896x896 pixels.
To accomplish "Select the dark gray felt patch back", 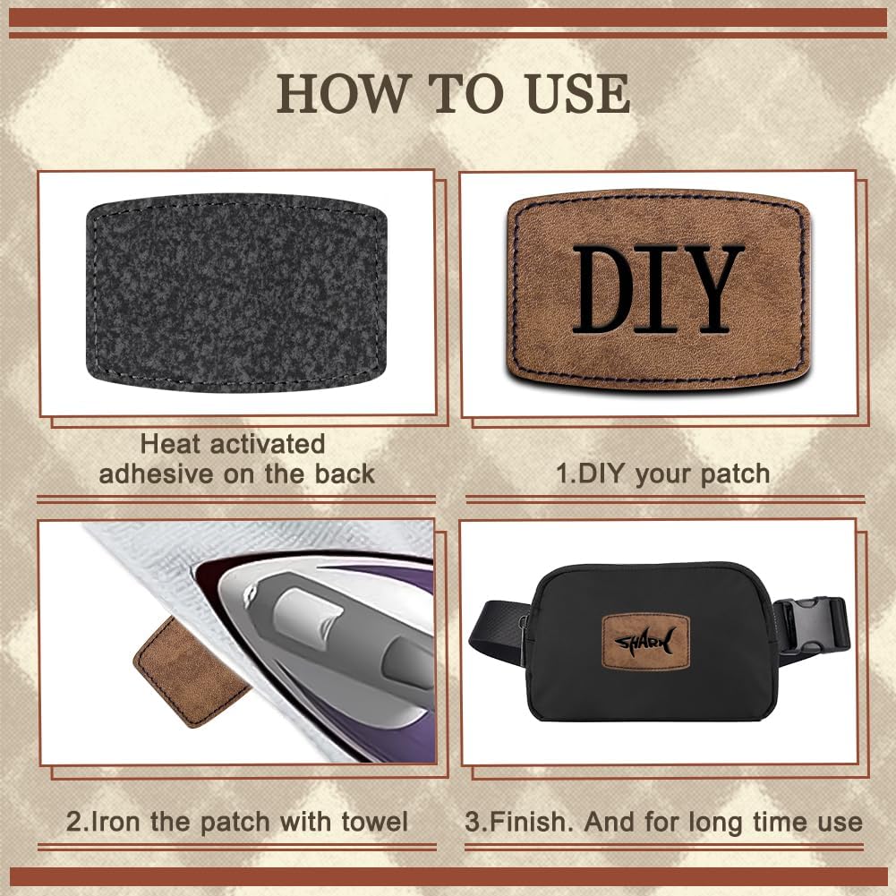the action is [x=236, y=293].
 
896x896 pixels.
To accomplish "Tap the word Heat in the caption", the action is [x=170, y=444].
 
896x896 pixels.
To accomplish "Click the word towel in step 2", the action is [x=375, y=822].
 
